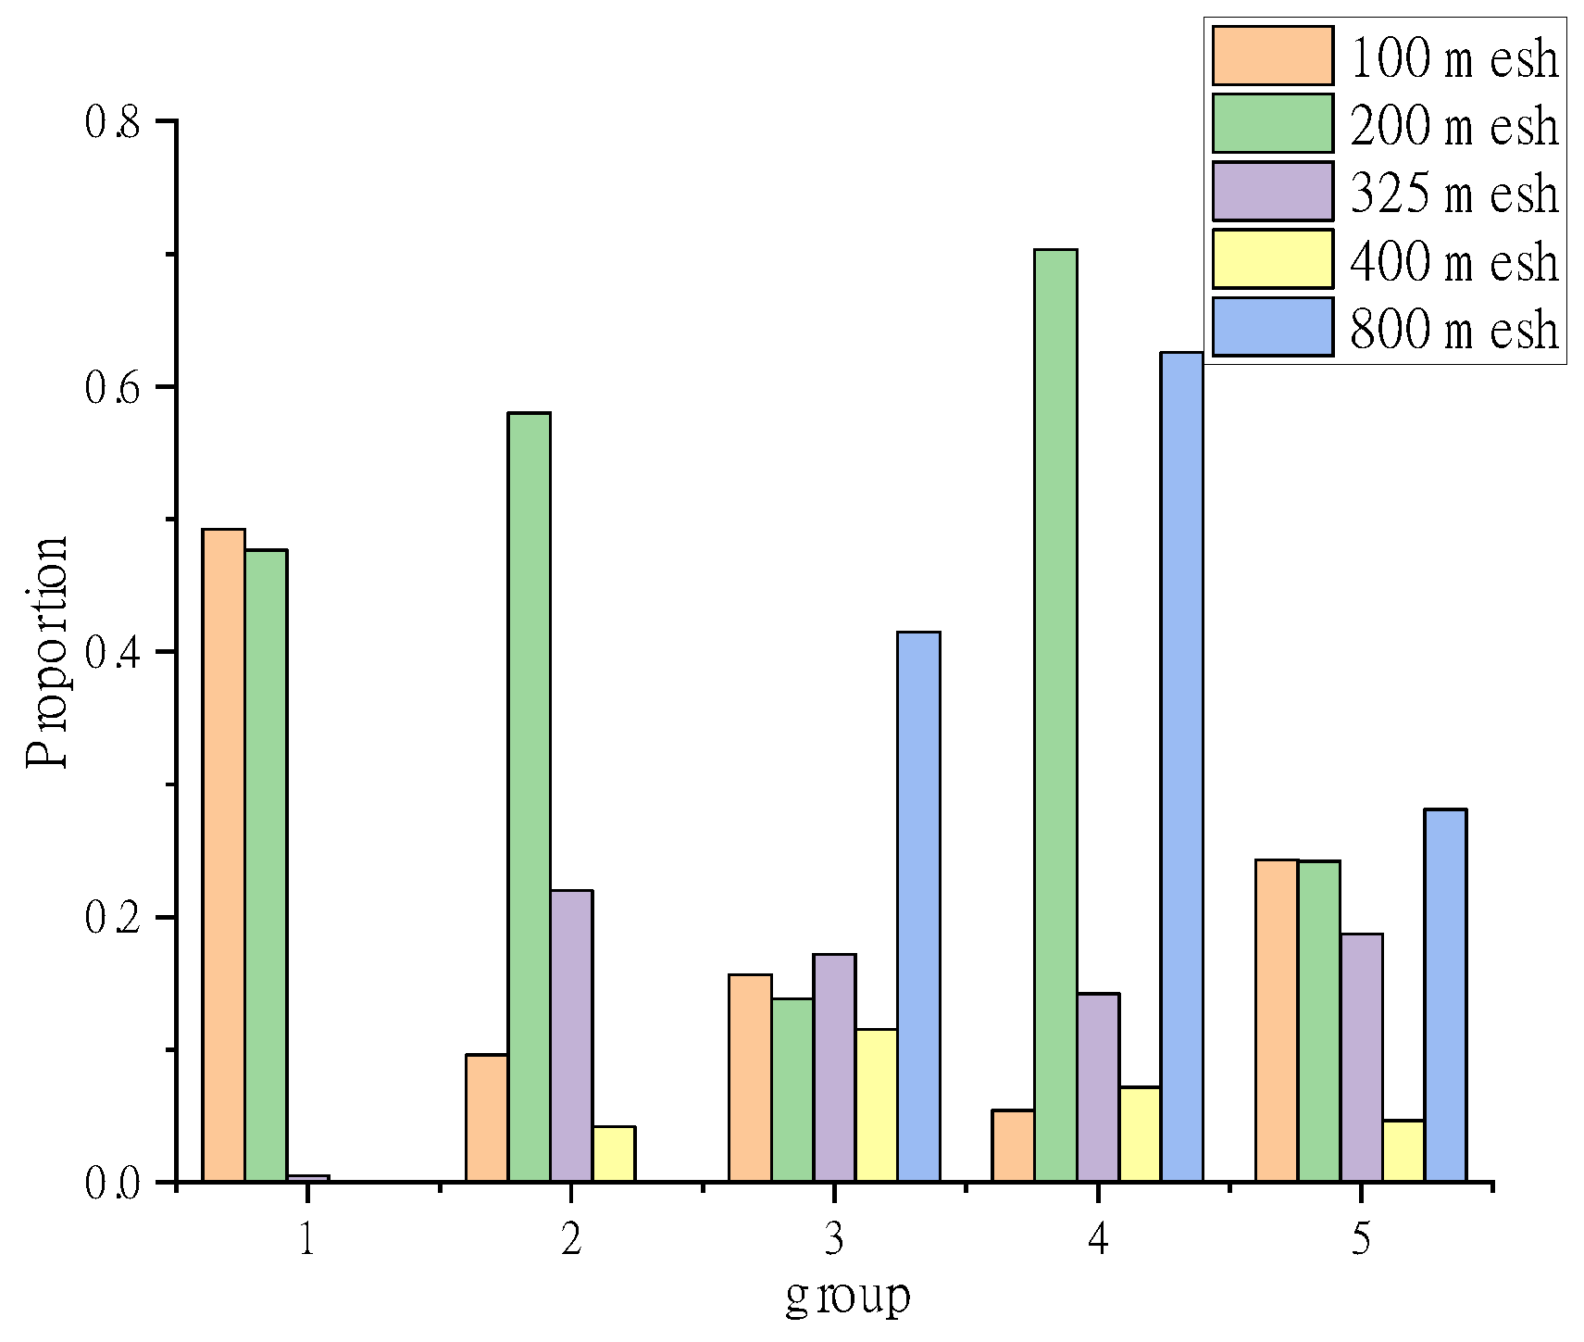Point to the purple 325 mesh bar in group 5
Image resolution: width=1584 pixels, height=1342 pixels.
tap(1361, 1057)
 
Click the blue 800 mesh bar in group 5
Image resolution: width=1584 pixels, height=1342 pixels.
tap(1445, 995)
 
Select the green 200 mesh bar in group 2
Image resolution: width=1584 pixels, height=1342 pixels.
tap(529, 796)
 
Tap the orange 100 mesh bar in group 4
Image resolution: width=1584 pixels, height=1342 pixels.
tap(1013, 1145)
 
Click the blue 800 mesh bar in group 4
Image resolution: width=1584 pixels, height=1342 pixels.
tap(1182, 766)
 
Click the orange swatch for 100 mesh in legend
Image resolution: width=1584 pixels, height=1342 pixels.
tap(1272, 56)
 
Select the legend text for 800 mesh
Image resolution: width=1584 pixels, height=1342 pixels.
tap(1454, 330)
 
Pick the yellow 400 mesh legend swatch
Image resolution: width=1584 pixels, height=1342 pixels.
tap(1272, 260)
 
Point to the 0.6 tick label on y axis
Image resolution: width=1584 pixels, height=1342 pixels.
tap(112, 388)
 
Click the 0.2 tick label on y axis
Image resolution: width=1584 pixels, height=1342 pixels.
tap(112, 919)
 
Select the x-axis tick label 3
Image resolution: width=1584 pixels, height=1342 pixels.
tap(834, 1239)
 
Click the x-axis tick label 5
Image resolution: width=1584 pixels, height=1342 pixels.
tap(1360, 1239)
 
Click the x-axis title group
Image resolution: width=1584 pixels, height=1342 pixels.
tap(847, 1298)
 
